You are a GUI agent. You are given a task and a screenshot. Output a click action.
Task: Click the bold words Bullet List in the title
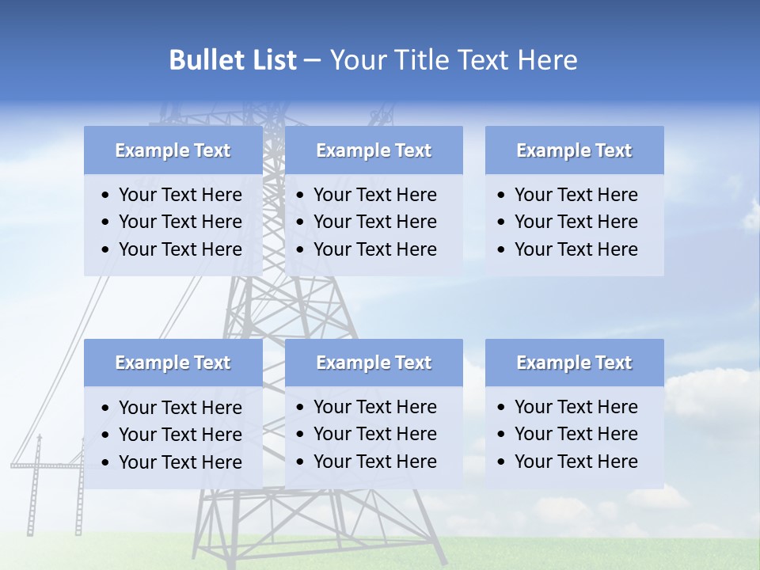point(233,60)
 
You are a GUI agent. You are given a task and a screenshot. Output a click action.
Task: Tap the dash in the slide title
point(312,60)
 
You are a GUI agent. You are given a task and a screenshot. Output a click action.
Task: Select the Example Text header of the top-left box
point(173,150)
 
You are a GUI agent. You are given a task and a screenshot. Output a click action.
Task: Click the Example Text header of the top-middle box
point(374,150)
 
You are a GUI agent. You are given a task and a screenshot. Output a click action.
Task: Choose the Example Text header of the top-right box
point(574,150)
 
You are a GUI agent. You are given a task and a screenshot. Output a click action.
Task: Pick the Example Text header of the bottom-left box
point(173,363)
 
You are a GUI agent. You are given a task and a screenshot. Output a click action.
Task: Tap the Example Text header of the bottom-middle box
point(374,363)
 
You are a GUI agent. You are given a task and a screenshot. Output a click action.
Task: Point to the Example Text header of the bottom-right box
point(574,363)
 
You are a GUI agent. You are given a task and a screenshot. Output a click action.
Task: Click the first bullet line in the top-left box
point(180,195)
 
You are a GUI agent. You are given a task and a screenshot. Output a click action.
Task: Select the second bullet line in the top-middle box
point(374,222)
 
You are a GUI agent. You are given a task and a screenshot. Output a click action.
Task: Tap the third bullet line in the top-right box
point(576,249)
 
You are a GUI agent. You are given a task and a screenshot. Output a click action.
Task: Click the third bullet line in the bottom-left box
point(180,462)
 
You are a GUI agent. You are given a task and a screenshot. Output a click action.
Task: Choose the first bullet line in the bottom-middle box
point(374,407)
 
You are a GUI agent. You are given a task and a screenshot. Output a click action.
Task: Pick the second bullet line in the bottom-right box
point(576,434)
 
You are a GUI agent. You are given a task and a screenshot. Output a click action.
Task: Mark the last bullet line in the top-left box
point(180,249)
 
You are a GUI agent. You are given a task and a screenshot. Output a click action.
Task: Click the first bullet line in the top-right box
point(576,195)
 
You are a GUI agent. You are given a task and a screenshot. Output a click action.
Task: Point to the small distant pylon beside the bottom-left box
point(36,483)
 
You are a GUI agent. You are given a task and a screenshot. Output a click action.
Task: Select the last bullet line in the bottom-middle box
point(374,462)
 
